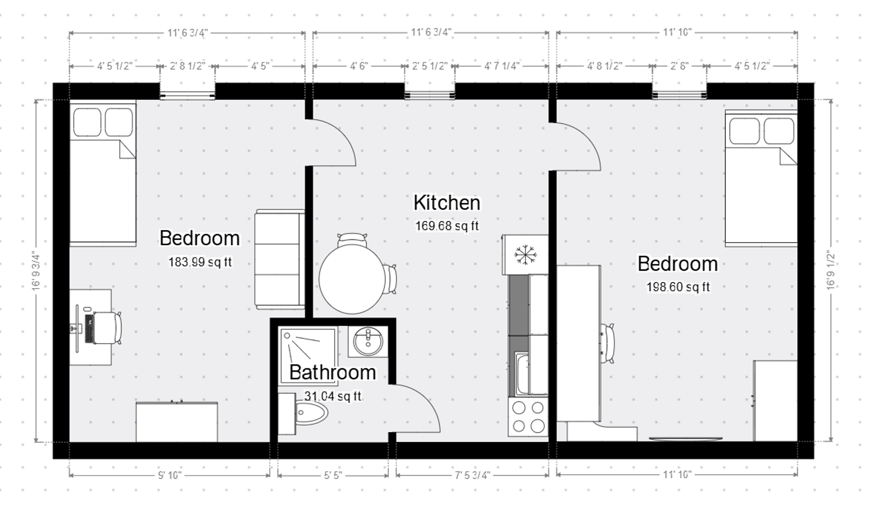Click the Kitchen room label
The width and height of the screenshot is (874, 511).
click(x=447, y=203)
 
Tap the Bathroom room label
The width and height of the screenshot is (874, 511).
click(x=333, y=373)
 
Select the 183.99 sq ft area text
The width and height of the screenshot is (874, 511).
click(x=200, y=263)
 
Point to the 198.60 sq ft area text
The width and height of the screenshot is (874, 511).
click(x=678, y=287)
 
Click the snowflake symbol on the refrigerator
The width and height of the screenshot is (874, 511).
click(x=525, y=255)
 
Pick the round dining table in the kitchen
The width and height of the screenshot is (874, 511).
click(x=351, y=279)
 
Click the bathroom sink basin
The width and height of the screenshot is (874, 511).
click(x=368, y=341)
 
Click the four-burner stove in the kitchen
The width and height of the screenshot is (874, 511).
click(x=528, y=417)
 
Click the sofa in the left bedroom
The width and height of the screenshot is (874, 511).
click(x=279, y=260)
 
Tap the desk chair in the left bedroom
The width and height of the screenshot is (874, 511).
click(x=108, y=328)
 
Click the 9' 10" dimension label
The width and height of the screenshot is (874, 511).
click(x=169, y=476)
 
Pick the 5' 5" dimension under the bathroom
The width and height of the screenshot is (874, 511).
click(x=333, y=476)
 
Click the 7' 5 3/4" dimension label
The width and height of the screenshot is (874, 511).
click(x=472, y=476)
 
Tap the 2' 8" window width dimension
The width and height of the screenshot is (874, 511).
click(x=679, y=66)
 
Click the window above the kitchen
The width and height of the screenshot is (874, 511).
click(x=430, y=95)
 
